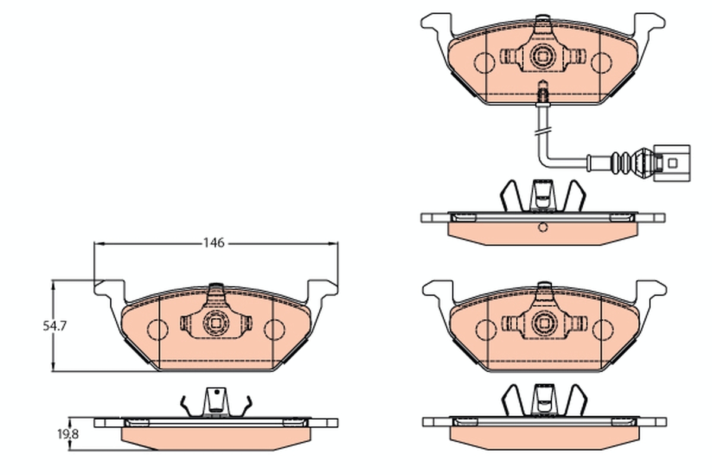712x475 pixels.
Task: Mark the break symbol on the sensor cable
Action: (x=542, y=129)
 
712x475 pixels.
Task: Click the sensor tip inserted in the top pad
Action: (x=542, y=94)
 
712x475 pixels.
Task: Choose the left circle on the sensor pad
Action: (x=484, y=62)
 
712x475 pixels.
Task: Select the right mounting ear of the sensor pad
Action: (x=649, y=24)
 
